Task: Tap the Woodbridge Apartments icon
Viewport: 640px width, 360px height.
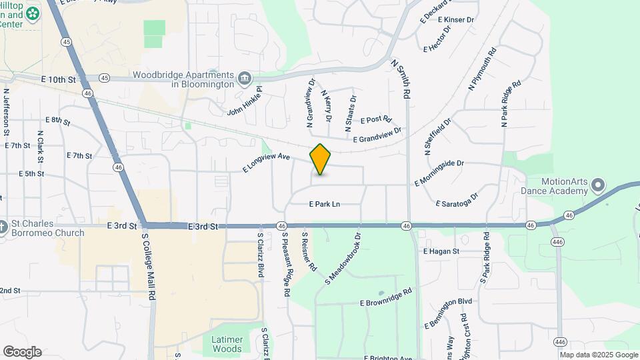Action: (x=245, y=79)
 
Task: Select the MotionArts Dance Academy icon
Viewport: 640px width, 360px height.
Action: (x=598, y=185)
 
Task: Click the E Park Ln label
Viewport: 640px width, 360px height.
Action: (x=325, y=204)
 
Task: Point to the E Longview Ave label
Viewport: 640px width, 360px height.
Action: (x=267, y=163)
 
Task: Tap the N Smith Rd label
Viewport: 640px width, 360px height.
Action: (x=401, y=79)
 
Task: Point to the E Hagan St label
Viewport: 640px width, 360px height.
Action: (x=441, y=251)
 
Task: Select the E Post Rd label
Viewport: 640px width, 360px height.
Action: (x=375, y=119)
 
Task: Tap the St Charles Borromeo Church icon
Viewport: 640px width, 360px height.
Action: (x=4, y=227)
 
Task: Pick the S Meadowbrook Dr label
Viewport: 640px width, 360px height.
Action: (x=343, y=259)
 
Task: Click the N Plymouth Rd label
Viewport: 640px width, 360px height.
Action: (x=483, y=69)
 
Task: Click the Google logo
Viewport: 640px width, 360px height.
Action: (x=22, y=351)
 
